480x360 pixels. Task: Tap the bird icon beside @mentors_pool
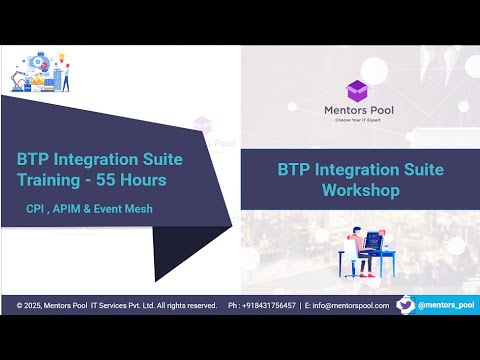tap(405, 303)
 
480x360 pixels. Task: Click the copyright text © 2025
tap(32, 305)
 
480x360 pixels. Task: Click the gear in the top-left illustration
tap(37, 61)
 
